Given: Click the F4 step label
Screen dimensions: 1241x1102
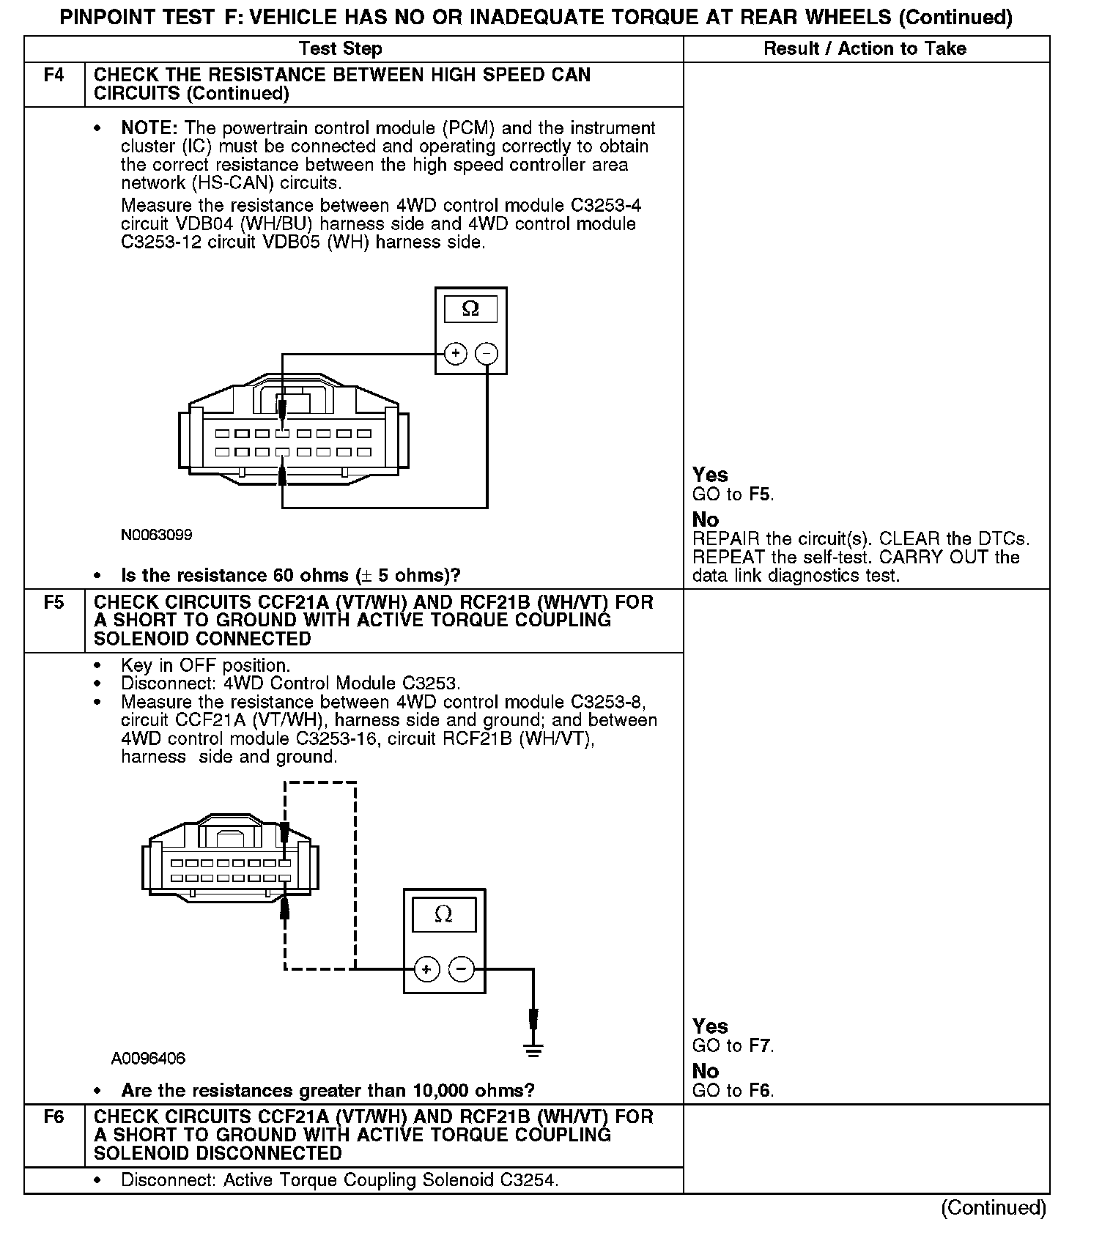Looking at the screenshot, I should [54, 75].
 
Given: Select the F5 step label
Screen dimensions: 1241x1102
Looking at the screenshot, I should [54, 603].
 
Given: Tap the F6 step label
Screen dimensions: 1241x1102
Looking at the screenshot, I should [54, 1117].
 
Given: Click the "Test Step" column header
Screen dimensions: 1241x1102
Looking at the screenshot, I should [340, 49].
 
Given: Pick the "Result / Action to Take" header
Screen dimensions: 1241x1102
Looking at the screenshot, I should [865, 49].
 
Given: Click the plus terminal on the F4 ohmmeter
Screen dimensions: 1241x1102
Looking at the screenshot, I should [456, 354].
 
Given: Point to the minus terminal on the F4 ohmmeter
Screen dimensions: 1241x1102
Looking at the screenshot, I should [487, 354].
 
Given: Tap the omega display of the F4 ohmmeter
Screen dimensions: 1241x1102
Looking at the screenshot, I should [470, 309].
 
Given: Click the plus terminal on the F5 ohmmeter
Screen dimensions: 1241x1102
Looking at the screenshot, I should [426, 969].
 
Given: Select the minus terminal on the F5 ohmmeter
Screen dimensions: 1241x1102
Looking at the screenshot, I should [461, 969].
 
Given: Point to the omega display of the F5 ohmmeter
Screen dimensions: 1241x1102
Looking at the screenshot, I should [443, 914].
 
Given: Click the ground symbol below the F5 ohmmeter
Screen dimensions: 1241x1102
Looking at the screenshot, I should [533, 1050].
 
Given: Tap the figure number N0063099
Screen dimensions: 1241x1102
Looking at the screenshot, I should [157, 536].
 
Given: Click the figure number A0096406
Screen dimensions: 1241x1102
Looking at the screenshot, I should [149, 1059].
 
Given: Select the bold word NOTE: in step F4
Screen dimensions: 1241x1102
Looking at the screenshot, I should [149, 128].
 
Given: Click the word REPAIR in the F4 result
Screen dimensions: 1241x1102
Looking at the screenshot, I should [726, 539].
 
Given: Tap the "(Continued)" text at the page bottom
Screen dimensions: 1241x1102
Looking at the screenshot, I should [994, 1207].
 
